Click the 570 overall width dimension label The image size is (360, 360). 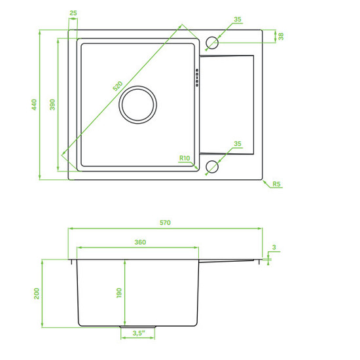165,223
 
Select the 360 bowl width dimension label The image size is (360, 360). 140,242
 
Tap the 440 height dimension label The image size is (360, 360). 34,105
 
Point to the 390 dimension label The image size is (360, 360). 52,105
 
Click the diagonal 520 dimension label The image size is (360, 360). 118,86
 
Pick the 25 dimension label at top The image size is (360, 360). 73,13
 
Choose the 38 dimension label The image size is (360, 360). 281,37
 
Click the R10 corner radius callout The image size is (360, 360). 185,158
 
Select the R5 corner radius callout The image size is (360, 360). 277,184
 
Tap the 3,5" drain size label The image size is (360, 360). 139,333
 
